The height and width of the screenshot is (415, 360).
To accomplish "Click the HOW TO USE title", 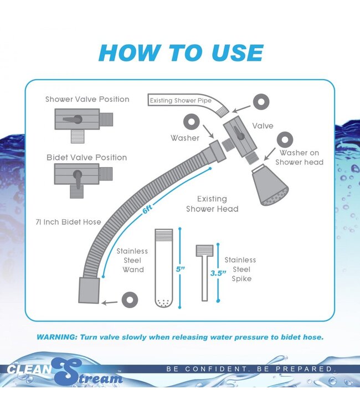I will (180, 53).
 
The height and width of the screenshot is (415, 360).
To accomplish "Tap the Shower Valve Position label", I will (87, 100).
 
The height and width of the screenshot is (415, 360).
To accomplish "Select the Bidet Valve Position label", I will (86, 158).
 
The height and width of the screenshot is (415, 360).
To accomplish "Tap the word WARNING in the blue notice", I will (57, 337).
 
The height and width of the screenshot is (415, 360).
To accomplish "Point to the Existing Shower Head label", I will (212, 204).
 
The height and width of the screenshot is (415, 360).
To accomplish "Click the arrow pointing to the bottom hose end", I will (111, 302).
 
